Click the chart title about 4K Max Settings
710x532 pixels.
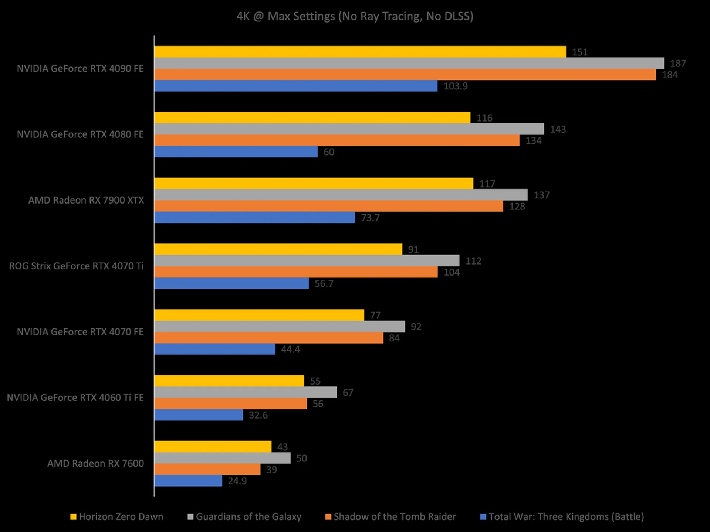point(355,16)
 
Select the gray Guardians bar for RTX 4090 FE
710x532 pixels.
point(409,63)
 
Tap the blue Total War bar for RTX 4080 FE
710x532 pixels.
point(236,151)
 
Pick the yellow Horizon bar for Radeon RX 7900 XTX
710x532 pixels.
point(314,183)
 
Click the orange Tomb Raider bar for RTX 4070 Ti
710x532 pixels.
point(296,272)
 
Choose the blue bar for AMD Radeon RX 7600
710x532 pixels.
point(188,481)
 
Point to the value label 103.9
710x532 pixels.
point(456,86)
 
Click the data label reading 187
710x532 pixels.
point(678,64)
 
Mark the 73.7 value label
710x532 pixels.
point(370,218)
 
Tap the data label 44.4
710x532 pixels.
point(290,349)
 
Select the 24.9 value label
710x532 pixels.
point(237,481)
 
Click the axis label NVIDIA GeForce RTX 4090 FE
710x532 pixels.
point(80,69)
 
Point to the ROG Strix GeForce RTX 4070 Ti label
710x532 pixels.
point(76,266)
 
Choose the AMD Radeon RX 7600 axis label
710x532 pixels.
point(95,463)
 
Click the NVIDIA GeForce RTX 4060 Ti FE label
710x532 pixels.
point(75,398)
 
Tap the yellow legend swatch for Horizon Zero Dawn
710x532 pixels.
point(73,517)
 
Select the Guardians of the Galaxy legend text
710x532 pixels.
point(248,516)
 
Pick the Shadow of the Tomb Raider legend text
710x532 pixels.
point(395,516)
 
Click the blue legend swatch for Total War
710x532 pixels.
point(483,517)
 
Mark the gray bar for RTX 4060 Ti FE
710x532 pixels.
point(246,392)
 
